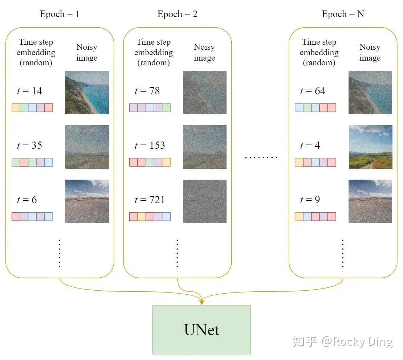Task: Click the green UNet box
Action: point(202,330)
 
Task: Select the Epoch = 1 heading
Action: point(60,14)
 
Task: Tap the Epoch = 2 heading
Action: point(177,14)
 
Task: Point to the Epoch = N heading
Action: point(343,14)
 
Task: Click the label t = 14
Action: point(29,91)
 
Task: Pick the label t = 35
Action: point(29,146)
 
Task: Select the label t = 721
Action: point(150,200)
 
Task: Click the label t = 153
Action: point(150,146)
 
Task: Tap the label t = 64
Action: point(313,91)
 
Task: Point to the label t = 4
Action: point(310,146)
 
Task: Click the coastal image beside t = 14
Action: point(87,93)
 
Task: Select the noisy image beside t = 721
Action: point(204,201)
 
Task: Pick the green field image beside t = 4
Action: point(370,147)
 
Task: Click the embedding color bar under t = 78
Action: point(150,108)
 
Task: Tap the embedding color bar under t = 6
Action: point(32,217)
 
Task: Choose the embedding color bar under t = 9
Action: point(316,217)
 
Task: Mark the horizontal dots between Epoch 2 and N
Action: point(261,157)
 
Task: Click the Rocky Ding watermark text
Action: point(357,342)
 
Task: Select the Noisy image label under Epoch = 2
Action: point(204,52)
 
